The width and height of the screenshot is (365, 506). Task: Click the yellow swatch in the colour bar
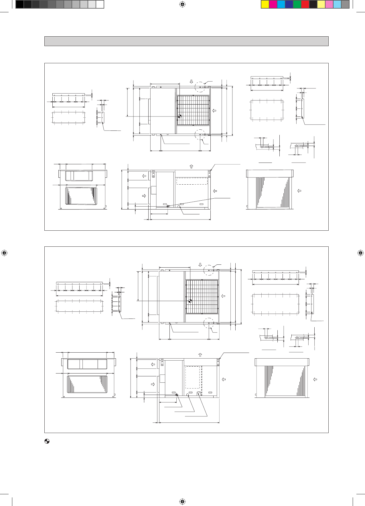(x=265, y=5)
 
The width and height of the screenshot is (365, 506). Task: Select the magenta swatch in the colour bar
(x=273, y=5)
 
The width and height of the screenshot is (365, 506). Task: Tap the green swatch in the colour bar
(x=297, y=5)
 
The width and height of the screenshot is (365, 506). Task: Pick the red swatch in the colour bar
(x=305, y=5)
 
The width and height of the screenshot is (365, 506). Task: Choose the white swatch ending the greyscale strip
(x=100, y=5)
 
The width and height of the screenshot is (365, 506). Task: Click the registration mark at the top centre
(x=182, y=4)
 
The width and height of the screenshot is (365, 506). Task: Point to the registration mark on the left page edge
(x=4, y=253)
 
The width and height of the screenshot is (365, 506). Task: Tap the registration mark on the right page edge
(x=360, y=253)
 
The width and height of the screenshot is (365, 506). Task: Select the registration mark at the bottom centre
(x=182, y=501)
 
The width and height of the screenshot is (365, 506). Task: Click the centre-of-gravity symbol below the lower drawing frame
(x=47, y=441)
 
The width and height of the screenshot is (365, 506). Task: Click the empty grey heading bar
(x=186, y=41)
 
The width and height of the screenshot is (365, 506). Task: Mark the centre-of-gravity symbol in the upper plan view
(x=179, y=116)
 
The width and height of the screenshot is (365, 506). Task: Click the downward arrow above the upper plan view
(x=192, y=81)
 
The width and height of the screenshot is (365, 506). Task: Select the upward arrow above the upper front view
(x=192, y=166)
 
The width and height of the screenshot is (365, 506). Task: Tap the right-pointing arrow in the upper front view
(x=144, y=196)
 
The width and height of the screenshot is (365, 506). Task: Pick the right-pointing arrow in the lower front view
(x=153, y=384)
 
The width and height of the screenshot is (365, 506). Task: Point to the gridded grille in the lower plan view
(x=202, y=297)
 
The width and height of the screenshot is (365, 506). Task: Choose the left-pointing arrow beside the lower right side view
(x=315, y=379)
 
